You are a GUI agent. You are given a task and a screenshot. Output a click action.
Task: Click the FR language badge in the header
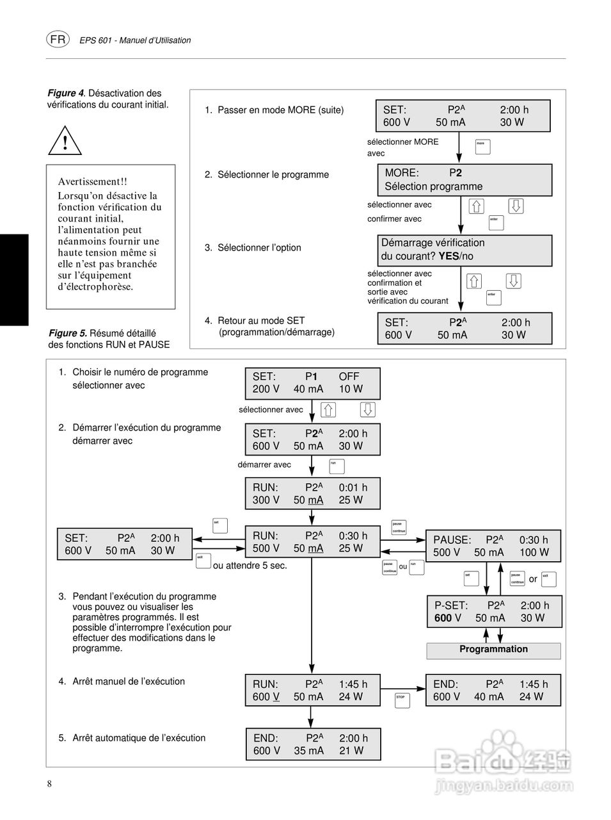[x=58, y=39]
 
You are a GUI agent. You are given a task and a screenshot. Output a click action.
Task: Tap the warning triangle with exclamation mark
[x=65, y=141]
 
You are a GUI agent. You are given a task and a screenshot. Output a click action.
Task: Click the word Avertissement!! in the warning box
[x=92, y=182]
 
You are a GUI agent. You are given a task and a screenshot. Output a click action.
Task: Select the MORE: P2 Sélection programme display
[x=464, y=180]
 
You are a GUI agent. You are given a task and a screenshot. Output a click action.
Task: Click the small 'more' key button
[x=482, y=146]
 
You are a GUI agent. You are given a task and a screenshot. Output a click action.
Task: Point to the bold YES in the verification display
[x=448, y=256]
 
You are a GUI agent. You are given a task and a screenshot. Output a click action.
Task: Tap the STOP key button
[x=401, y=699]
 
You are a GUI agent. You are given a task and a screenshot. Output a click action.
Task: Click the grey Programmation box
[x=493, y=650]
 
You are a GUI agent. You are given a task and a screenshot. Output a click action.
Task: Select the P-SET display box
[x=494, y=612]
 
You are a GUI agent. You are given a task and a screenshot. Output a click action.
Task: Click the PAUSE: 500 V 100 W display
[x=493, y=546]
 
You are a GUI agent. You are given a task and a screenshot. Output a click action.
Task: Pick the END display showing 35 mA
[x=312, y=744]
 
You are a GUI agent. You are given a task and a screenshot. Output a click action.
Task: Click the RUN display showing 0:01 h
[x=312, y=494]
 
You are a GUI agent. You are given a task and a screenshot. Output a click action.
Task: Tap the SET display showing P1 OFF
[x=312, y=383]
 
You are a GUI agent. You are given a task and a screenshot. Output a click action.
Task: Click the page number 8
[x=49, y=785]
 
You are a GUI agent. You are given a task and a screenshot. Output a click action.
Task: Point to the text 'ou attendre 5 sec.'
[x=250, y=566]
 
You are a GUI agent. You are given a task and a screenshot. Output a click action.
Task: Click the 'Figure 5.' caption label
[x=68, y=333]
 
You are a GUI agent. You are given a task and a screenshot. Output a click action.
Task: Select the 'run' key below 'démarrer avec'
[x=337, y=465]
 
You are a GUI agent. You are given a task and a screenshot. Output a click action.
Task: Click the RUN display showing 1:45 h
[x=312, y=691]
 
